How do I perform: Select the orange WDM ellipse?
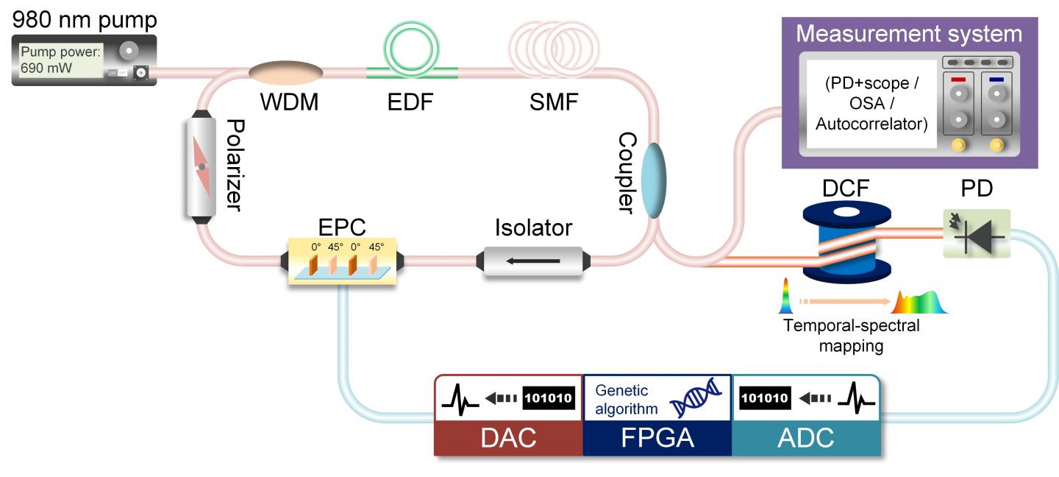coord(286,73)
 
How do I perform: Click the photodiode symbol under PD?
coord(977,234)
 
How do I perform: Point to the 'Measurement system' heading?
coord(909,34)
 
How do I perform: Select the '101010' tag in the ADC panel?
coord(765,398)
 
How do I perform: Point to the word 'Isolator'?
coord(534,228)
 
